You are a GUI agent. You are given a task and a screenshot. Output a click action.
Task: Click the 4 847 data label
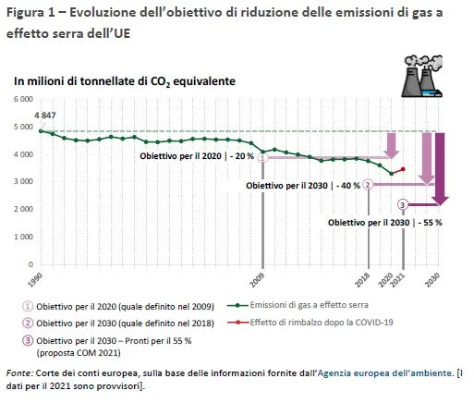click(45, 116)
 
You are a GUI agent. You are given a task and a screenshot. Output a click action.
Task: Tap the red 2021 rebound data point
click(403, 169)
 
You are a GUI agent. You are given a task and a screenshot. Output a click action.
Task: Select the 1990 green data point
click(41, 131)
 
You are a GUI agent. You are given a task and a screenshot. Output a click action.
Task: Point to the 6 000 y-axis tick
click(23, 99)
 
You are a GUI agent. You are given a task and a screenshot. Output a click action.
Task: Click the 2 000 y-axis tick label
click(23, 209)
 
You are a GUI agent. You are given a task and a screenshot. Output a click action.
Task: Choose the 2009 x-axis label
click(257, 280)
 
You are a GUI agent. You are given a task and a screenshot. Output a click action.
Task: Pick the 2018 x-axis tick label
click(362, 280)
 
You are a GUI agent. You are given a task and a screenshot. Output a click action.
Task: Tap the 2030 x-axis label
click(432, 280)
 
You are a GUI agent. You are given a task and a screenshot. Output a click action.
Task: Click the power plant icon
click(422, 76)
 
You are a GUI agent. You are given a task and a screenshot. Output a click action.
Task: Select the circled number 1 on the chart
click(262, 158)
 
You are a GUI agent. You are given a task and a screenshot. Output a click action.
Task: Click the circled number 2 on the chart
click(368, 185)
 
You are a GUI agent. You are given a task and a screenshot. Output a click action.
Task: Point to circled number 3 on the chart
click(403, 204)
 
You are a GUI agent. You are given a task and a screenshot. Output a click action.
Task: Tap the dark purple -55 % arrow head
click(440, 201)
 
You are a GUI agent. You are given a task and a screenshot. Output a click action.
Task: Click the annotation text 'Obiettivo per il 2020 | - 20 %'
click(197, 156)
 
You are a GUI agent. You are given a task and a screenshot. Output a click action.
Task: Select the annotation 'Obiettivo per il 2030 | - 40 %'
click(303, 186)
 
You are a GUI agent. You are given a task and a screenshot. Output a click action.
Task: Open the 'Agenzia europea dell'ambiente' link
click(384, 373)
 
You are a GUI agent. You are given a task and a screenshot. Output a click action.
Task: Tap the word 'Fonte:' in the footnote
click(19, 373)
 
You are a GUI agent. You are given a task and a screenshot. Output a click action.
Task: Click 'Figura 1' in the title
click(30, 13)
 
